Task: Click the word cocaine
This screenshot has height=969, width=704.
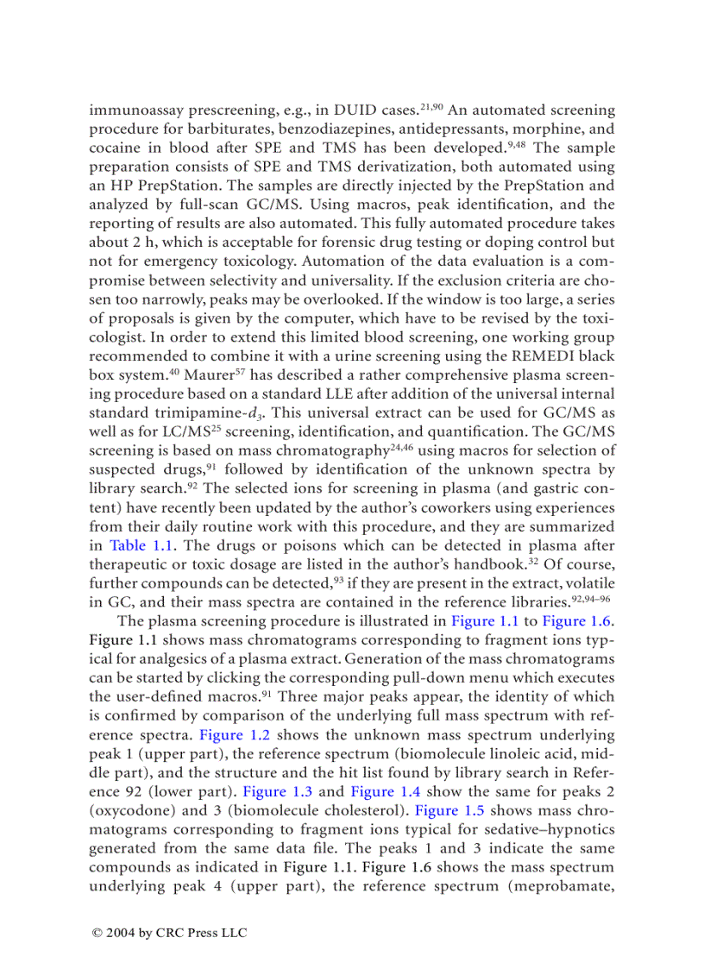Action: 116,148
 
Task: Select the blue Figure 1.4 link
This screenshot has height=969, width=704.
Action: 385,791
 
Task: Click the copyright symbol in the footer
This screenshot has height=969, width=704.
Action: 97,933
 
